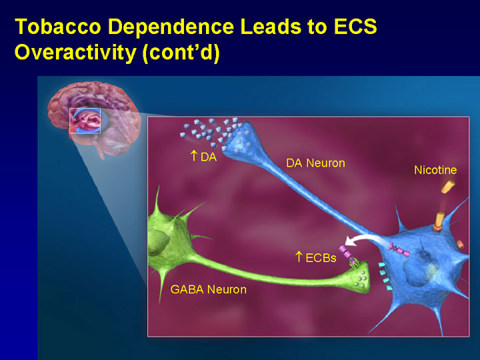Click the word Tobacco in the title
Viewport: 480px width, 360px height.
click(x=58, y=27)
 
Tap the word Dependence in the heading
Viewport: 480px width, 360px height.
click(x=171, y=27)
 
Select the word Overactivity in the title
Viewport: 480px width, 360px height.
click(x=75, y=53)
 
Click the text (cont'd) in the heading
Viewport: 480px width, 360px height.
click(x=181, y=53)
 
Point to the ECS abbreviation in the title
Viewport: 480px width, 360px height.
click(x=355, y=27)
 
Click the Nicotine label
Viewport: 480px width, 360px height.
click(x=435, y=170)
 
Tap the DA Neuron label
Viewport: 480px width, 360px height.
click(x=315, y=163)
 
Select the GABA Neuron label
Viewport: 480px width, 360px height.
click(x=209, y=289)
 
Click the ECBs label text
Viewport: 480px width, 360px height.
click(x=321, y=258)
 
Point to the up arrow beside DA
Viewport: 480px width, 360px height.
click(x=193, y=155)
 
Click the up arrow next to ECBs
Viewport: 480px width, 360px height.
click(x=299, y=257)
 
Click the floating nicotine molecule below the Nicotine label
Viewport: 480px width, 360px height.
click(x=448, y=187)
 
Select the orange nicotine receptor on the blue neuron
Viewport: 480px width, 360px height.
click(x=439, y=222)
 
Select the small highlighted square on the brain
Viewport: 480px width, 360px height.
click(x=85, y=121)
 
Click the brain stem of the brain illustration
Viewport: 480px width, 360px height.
click(x=100, y=150)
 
